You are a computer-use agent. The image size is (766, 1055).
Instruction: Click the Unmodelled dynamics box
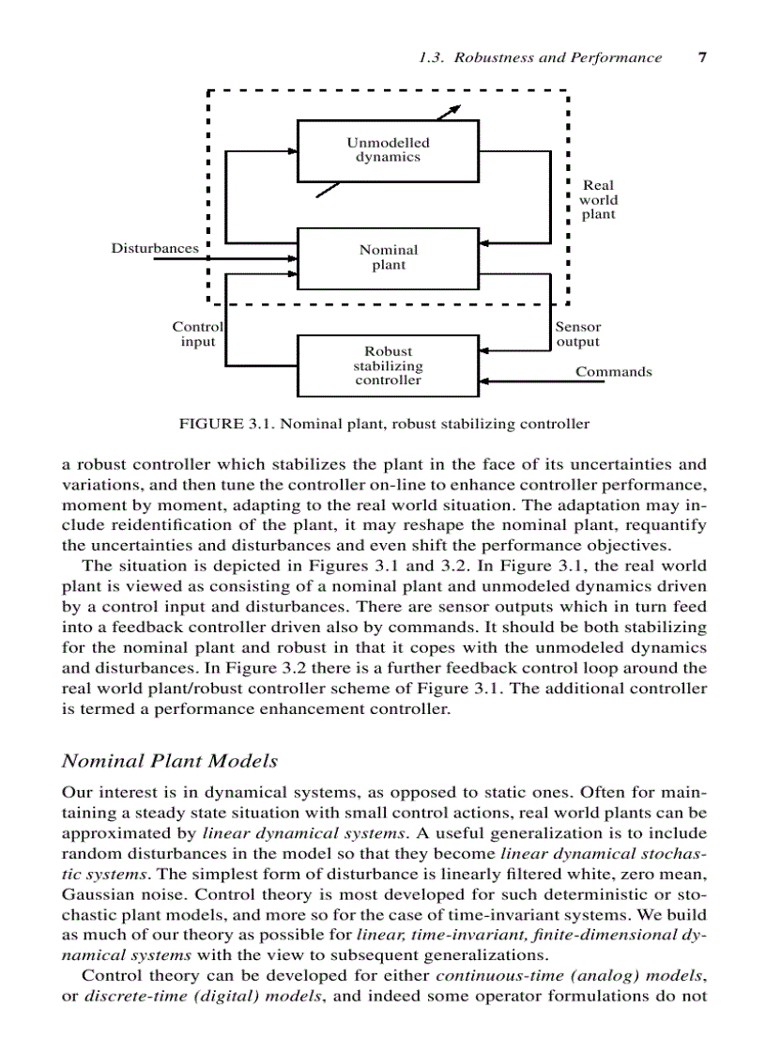pyautogui.click(x=388, y=150)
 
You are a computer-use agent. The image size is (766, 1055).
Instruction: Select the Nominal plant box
pyautogui.click(x=388, y=257)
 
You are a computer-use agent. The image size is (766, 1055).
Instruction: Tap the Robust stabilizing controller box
pyautogui.click(x=388, y=365)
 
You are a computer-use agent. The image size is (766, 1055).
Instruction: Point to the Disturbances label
pyautogui.click(x=155, y=249)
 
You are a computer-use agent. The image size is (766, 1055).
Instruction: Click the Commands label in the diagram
pyautogui.click(x=613, y=372)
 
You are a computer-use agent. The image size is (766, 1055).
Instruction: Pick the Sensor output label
pyautogui.click(x=577, y=334)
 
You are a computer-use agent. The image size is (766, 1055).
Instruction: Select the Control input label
pyautogui.click(x=197, y=334)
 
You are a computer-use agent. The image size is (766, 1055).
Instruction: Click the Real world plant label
pyautogui.click(x=598, y=200)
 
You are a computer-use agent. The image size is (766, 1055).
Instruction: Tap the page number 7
pyautogui.click(x=701, y=57)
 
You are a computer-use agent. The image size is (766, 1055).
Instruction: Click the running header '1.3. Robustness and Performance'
pyautogui.click(x=540, y=57)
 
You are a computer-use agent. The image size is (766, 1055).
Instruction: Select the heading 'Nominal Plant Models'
pyautogui.click(x=170, y=761)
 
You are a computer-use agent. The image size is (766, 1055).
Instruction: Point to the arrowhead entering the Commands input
pyautogui.click(x=483, y=381)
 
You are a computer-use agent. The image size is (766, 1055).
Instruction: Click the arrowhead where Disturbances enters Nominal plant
pyautogui.click(x=293, y=258)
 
